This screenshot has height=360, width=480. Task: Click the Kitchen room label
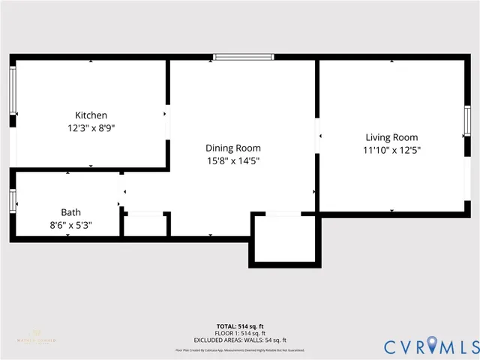pyautogui.click(x=91, y=115)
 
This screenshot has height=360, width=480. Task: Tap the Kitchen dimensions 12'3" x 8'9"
pyautogui.click(x=91, y=127)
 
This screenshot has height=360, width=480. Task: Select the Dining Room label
pyautogui.click(x=233, y=148)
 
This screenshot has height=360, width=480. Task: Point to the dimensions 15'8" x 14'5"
pyautogui.click(x=233, y=160)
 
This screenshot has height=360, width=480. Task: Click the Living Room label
pyautogui.click(x=391, y=137)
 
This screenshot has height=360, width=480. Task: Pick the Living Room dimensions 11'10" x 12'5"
pyautogui.click(x=391, y=150)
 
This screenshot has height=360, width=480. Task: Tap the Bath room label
pyautogui.click(x=70, y=212)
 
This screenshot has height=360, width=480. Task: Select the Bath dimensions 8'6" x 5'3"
pyautogui.click(x=70, y=224)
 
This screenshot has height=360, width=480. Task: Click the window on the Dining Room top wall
pyautogui.click(x=243, y=57)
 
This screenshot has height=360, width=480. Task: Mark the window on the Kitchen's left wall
pyautogui.click(x=12, y=91)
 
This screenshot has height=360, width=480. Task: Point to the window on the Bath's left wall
pyautogui.click(x=12, y=200)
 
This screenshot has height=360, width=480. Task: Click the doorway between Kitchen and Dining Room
pyautogui.click(x=167, y=115)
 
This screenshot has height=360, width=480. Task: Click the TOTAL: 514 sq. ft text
pyautogui.click(x=240, y=326)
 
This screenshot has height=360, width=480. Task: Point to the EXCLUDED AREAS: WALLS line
pyautogui.click(x=240, y=340)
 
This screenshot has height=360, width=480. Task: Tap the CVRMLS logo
pyautogui.click(x=430, y=346)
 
